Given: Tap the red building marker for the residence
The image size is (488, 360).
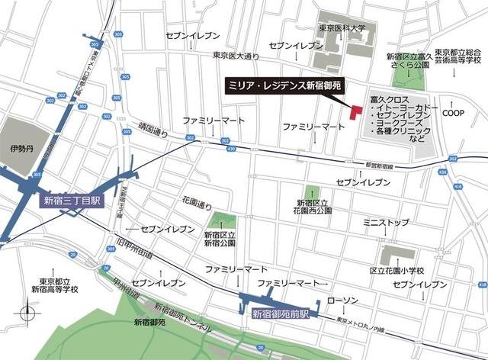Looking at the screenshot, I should [x=355, y=111].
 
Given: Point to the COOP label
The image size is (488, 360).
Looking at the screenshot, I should [x=454, y=112].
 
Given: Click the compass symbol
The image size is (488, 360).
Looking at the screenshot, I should [x=28, y=313].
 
